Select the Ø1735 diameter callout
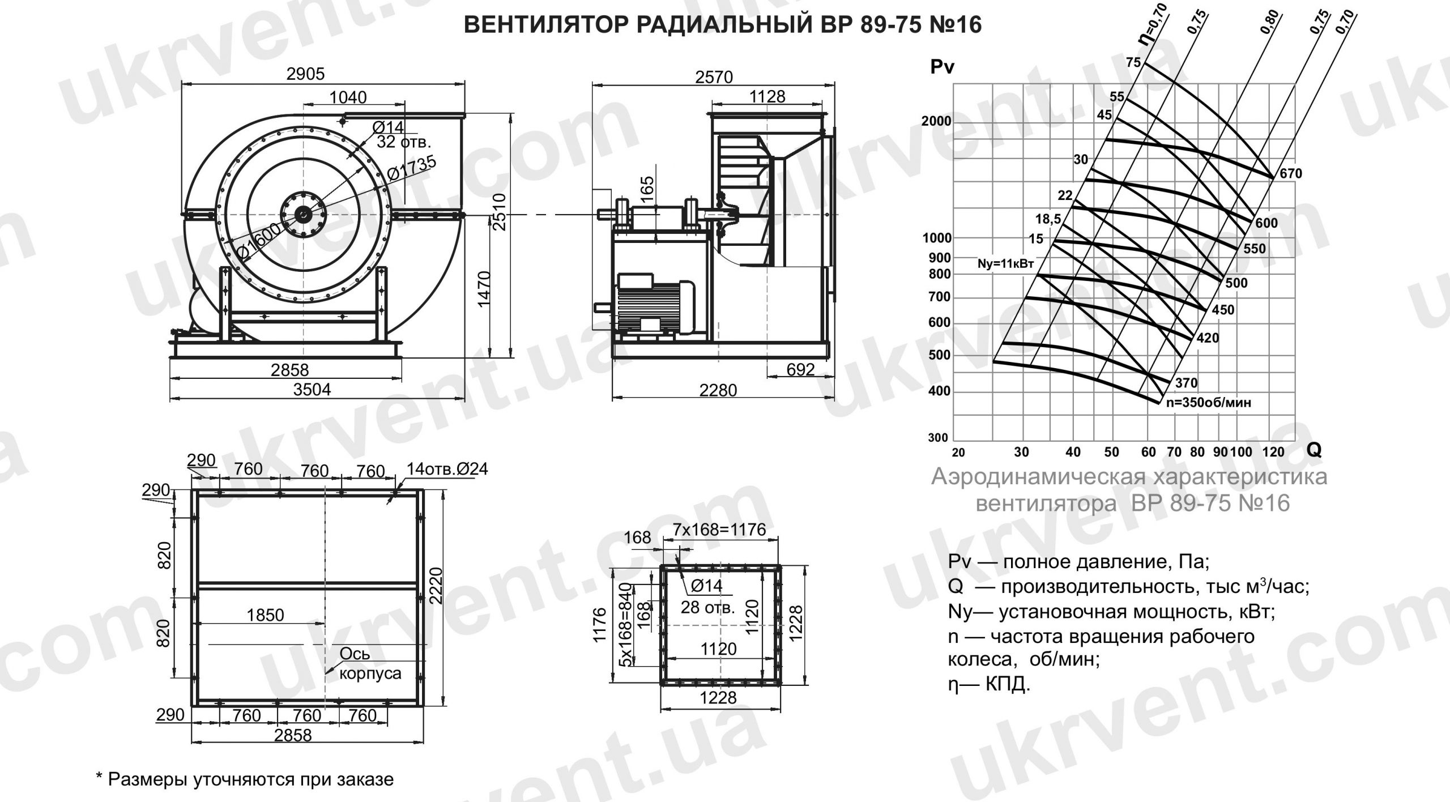coord(412,169)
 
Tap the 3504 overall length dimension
coord(312,390)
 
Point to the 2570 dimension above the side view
coord(714,76)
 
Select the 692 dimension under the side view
coord(800,370)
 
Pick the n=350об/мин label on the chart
coord(1208,403)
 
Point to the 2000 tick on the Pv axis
coord(936,122)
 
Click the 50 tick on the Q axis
coord(1111,452)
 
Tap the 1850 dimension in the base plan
coord(266,615)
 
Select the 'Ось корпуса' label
coord(369,663)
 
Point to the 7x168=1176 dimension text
coord(719,530)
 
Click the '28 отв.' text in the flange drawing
coord(707,608)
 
